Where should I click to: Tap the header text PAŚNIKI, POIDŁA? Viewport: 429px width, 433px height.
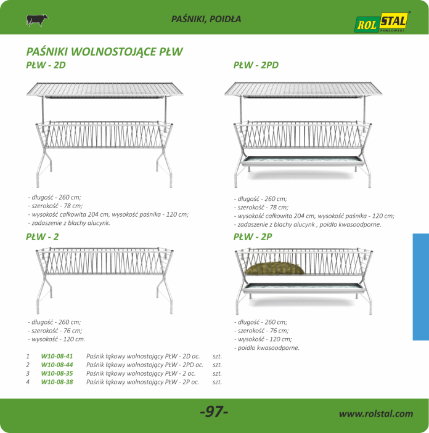[206, 19]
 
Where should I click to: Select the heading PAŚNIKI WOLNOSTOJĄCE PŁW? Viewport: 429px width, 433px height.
[104, 52]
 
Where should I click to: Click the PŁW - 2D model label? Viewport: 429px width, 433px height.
[46, 65]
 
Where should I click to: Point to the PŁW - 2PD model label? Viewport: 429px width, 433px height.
[256, 65]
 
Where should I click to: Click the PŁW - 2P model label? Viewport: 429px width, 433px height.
[253, 237]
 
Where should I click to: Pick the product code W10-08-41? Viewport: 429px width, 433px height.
[57, 356]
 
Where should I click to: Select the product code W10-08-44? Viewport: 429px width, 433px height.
[57, 365]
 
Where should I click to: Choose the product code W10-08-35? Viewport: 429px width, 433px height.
[57, 373]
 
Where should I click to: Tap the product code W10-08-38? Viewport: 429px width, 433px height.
[57, 382]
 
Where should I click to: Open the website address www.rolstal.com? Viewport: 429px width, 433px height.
[376, 413]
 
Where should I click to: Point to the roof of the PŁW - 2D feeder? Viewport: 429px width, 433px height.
[105, 90]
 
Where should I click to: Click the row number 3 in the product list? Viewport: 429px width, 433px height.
[28, 373]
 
